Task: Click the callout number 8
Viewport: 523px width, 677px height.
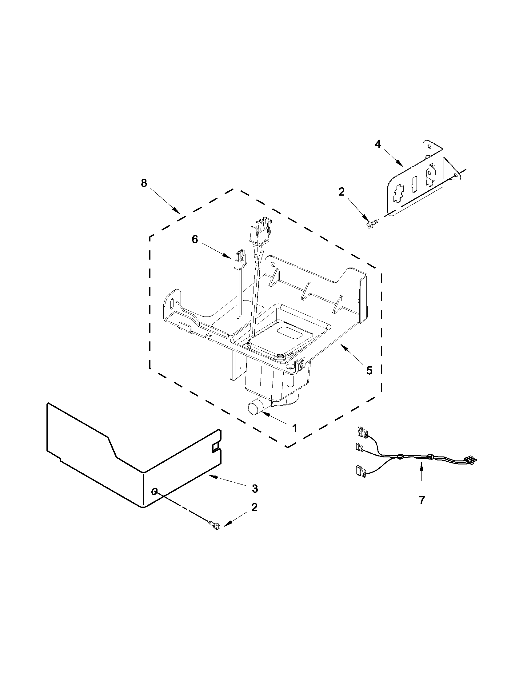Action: coord(144,183)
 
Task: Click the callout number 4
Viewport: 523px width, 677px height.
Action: coord(377,144)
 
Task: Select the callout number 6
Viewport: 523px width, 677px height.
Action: coord(194,239)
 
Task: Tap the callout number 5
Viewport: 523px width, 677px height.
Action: coord(369,370)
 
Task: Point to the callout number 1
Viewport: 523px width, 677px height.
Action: coord(294,428)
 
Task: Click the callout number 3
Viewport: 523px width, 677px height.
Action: coord(254,488)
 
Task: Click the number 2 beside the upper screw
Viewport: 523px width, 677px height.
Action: coord(341,192)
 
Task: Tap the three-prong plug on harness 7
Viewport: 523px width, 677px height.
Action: coord(470,460)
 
